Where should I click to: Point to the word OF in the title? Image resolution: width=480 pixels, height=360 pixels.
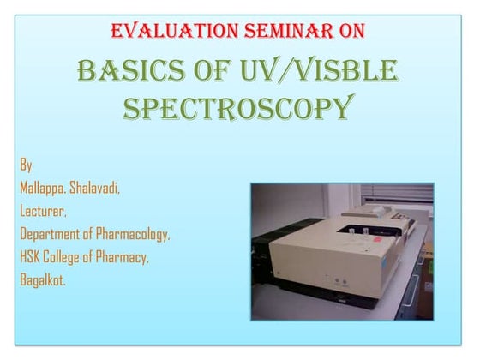point(211,70)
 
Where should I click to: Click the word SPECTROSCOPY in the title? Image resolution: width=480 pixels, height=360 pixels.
point(237,109)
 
